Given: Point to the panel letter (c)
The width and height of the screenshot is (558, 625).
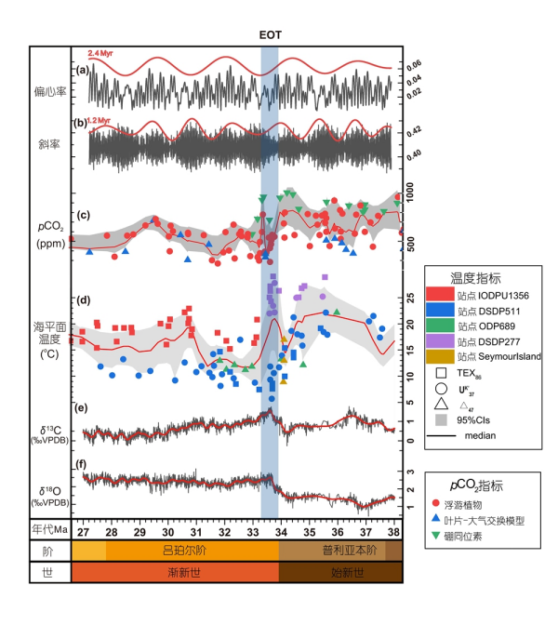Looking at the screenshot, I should tap(83, 216).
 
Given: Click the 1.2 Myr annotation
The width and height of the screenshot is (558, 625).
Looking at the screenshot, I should tap(99, 121).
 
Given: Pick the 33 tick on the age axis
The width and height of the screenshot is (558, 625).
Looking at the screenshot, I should tap(252, 531).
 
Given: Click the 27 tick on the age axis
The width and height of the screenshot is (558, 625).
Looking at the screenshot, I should tap(84, 531).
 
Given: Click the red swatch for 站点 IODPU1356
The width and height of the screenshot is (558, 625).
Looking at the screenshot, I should tap(442, 295).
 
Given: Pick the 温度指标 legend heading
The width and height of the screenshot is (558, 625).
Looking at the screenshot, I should tap(475, 277).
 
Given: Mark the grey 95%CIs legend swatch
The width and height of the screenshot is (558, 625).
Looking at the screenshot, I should tap(442, 416).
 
